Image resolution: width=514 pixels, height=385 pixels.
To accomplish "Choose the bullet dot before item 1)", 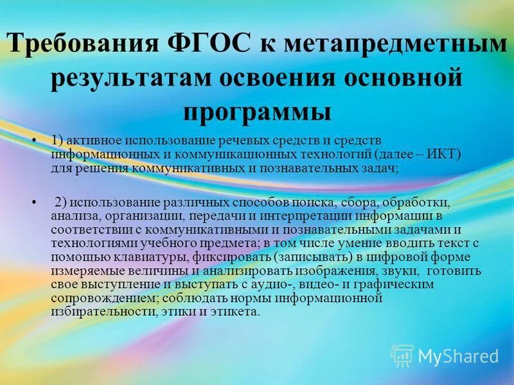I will click(x=33, y=141).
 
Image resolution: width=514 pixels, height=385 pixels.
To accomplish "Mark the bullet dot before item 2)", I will click(x=33, y=202).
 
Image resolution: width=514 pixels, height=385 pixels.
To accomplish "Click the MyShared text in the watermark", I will click(x=457, y=356).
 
